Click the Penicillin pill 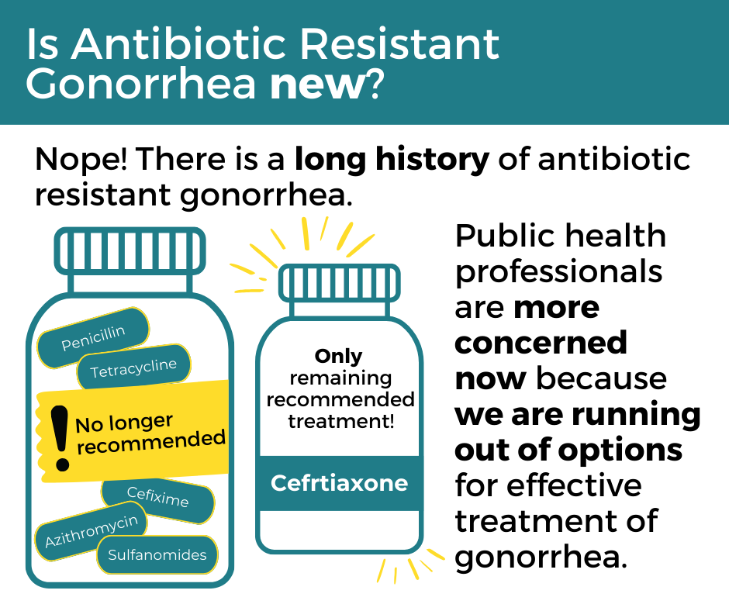[93, 338]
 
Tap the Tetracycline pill [134, 368]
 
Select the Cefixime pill [158, 499]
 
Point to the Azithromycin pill [92, 531]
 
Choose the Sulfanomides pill [157, 554]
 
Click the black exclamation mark [60, 438]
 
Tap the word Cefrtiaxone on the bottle [340, 483]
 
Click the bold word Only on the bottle [338, 356]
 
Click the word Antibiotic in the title [178, 44]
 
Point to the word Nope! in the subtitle [82, 160]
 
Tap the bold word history [433, 158]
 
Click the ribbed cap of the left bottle [130, 251]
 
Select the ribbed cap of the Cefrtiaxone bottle [340, 283]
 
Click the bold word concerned [541, 343]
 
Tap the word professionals [558, 272]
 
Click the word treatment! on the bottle [340, 421]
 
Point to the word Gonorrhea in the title [140, 85]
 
